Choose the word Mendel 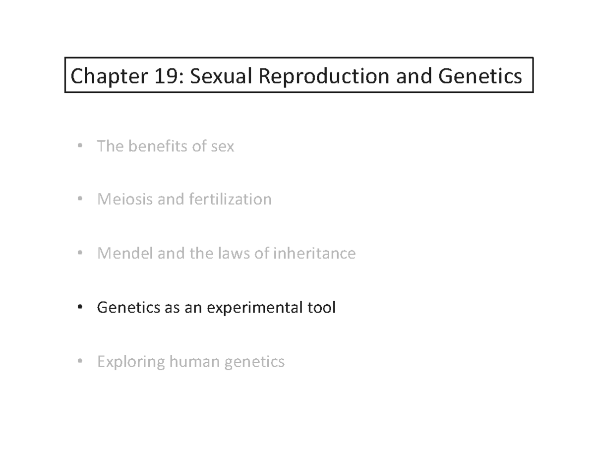pos(124,254)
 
